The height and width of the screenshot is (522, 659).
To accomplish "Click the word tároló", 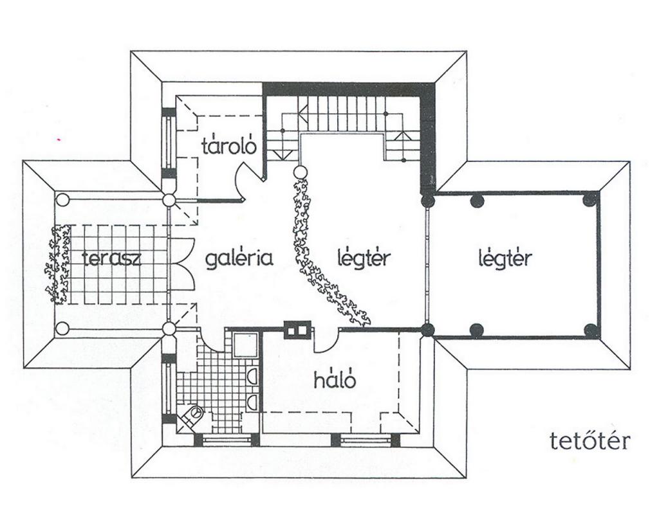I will point(229,146).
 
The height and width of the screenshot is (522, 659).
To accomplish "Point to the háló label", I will point(335,380).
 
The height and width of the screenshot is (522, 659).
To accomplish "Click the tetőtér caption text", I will point(588,441).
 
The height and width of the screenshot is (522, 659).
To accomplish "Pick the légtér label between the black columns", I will point(506,258).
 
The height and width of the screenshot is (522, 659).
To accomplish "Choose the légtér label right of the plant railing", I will point(364,258).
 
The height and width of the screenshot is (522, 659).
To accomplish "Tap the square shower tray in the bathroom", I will point(245,346).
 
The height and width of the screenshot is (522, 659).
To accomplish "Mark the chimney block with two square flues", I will point(297,328).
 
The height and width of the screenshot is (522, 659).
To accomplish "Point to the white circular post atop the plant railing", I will point(300,172).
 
